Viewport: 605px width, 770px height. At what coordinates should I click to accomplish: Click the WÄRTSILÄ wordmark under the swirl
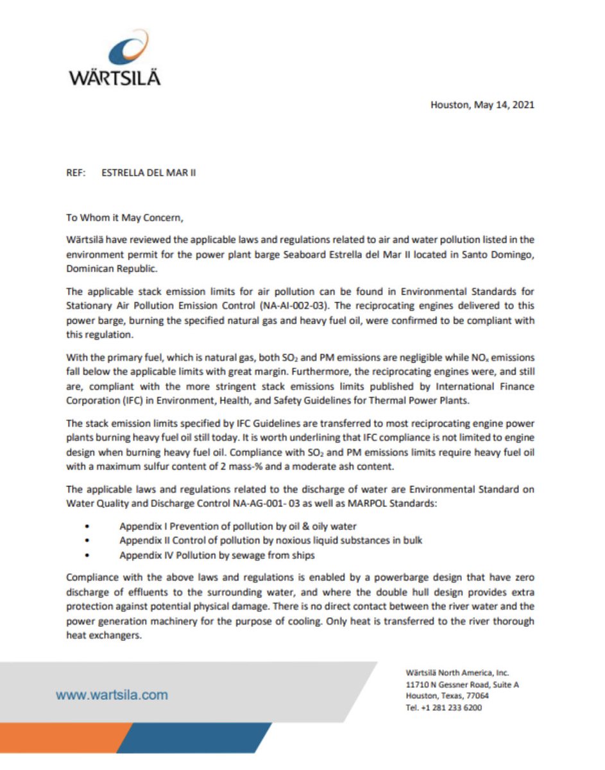point(115,78)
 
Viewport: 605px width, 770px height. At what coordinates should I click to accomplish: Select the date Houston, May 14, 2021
point(482,105)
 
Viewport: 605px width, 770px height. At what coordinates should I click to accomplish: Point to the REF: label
point(76,173)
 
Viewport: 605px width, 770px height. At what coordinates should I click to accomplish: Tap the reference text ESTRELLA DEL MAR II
point(149,173)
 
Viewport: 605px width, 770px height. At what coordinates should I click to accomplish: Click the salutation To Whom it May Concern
point(125,217)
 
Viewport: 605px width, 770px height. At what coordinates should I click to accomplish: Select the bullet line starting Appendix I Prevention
point(237,526)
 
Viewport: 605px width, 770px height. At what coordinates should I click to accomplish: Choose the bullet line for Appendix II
point(271,541)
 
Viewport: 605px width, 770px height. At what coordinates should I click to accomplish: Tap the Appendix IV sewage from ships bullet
point(217,555)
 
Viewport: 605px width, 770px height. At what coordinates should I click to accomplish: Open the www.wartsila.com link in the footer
point(112,694)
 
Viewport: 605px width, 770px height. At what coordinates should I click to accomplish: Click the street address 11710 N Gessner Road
point(462,685)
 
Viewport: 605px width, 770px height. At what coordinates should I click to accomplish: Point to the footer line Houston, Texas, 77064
point(447,696)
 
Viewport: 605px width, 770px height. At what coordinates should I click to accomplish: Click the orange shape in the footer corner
point(58,738)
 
